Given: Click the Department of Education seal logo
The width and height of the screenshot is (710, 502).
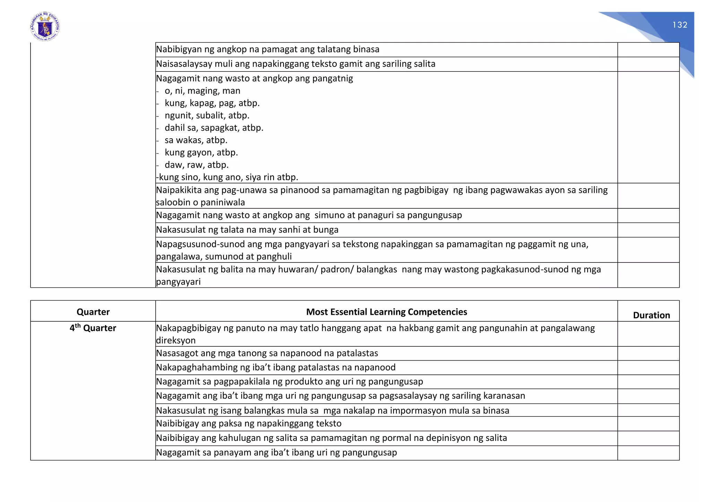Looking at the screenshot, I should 45,27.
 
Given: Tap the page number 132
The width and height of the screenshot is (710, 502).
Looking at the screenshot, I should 679,25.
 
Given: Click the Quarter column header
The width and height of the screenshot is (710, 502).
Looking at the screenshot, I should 93,312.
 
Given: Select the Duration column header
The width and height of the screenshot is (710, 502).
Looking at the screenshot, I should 651,315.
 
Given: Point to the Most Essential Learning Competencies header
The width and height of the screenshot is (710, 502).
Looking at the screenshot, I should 386,312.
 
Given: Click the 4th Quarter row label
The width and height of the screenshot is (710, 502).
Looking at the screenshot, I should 93,328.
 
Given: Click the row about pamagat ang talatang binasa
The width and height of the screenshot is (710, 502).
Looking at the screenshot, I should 268,49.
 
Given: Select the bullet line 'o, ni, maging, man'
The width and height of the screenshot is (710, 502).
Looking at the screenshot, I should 202,91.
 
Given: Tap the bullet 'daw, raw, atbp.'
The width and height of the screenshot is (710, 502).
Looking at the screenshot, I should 196,165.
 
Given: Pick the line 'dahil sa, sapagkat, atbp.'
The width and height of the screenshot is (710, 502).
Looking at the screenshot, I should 214,128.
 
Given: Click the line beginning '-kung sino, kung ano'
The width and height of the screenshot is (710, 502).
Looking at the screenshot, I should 227,177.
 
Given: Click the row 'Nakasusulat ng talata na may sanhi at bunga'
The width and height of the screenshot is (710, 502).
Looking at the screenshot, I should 247,230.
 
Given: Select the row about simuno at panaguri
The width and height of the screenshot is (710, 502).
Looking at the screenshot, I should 309,215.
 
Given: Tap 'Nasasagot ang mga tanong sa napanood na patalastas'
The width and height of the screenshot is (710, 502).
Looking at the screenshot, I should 267,353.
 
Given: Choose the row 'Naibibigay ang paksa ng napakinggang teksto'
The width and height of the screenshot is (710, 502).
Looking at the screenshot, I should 249,424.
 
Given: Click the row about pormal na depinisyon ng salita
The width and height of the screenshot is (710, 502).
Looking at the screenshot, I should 331,438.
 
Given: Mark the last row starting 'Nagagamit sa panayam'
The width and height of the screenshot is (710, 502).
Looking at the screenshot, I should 276,453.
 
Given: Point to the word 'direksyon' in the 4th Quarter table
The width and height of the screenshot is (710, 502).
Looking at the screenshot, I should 176,340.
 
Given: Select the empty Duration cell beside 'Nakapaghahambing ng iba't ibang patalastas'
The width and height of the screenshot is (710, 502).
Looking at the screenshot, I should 648,367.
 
